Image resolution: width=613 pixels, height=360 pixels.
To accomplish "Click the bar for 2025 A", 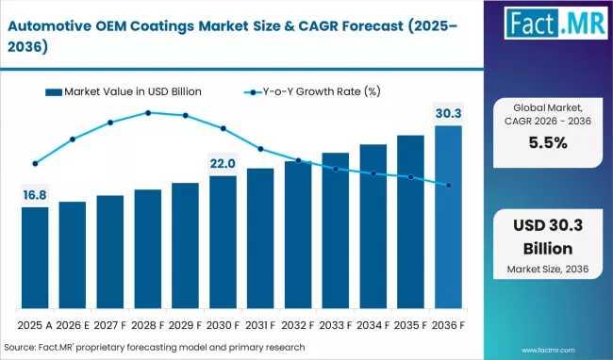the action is pyautogui.click(x=35, y=257).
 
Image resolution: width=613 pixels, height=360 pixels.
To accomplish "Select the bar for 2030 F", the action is pyautogui.click(x=223, y=242).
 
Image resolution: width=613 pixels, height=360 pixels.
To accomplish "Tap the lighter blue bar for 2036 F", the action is pyautogui.click(x=448, y=217).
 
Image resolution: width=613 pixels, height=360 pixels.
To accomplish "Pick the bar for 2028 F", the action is pyautogui.click(x=148, y=249).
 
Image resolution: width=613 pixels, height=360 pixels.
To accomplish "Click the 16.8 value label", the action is pyautogui.click(x=35, y=195).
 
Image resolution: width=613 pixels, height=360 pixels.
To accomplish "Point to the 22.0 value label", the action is pyautogui.click(x=223, y=164).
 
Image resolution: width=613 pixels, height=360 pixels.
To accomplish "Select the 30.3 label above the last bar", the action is pyautogui.click(x=448, y=114).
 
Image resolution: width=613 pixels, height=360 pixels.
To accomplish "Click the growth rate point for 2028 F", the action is pyautogui.click(x=148, y=113).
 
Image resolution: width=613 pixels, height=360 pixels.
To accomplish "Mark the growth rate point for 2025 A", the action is pyautogui.click(x=35, y=164).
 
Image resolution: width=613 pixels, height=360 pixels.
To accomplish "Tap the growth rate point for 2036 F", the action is pyautogui.click(x=449, y=185).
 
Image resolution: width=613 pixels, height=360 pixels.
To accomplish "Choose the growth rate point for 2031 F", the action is pyautogui.click(x=260, y=149).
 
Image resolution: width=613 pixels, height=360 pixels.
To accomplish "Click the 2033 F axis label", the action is pyautogui.click(x=336, y=325).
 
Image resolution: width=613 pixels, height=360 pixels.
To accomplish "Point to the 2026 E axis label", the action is pyautogui.click(x=73, y=325).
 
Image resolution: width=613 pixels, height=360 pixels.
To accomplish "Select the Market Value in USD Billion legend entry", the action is pyautogui.click(x=124, y=91).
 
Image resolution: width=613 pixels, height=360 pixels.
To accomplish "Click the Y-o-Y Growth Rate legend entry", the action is pyautogui.click(x=312, y=91).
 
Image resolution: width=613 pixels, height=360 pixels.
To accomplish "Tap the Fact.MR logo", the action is pyautogui.click(x=555, y=23).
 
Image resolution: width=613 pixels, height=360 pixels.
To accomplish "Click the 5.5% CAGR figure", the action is pyautogui.click(x=548, y=143).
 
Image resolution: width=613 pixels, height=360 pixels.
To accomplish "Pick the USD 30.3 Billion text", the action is pyautogui.click(x=548, y=237).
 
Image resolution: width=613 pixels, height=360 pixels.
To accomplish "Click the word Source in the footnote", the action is pyautogui.click(x=19, y=347).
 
